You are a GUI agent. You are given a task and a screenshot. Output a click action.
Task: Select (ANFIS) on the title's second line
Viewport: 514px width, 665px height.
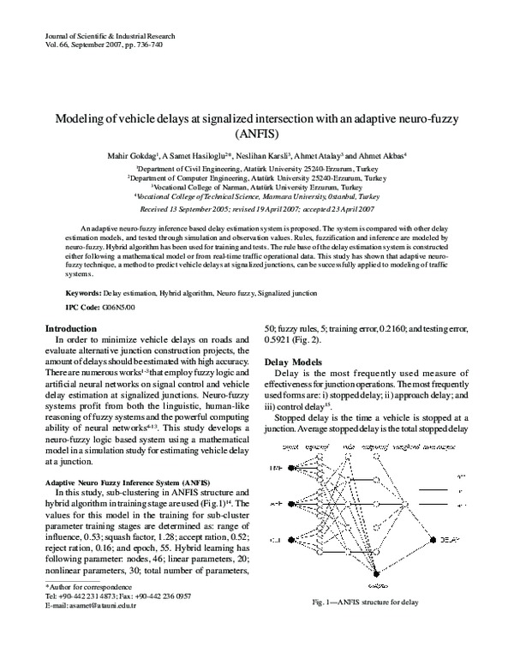257,135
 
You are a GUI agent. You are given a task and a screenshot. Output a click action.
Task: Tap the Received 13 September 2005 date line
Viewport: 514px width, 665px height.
257,208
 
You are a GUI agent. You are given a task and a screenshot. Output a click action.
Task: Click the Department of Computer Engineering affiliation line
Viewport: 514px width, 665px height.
257,177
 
